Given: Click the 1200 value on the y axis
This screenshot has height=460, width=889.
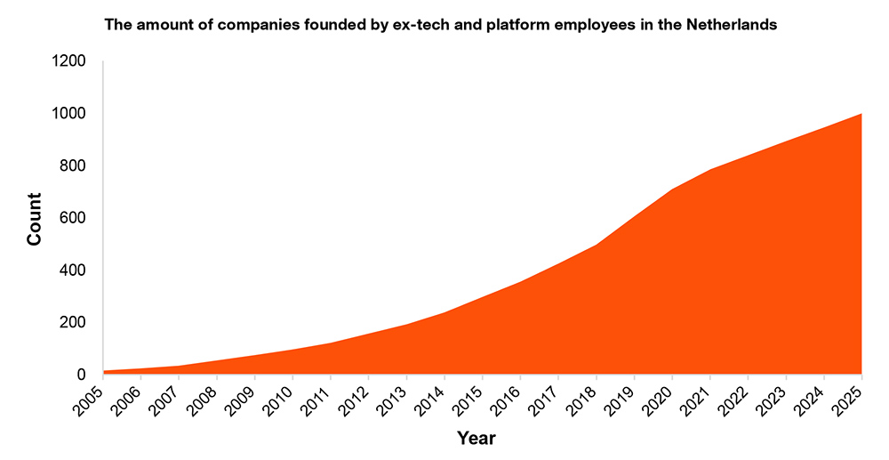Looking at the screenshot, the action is click(x=68, y=61).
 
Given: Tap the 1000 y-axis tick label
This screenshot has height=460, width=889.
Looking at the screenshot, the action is click(x=68, y=113).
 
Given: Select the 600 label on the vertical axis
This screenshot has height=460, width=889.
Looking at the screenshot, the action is click(x=73, y=218).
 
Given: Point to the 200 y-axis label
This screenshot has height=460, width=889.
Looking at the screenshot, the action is click(x=73, y=322).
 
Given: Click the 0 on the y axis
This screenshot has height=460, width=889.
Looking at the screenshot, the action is click(x=81, y=375).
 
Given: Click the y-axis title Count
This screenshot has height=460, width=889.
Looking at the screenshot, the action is click(x=34, y=219).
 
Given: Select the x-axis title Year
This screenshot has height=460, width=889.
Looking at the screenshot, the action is click(x=477, y=439).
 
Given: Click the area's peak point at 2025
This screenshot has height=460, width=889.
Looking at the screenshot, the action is click(x=861, y=113).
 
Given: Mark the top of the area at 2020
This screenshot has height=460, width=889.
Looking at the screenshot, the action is click(x=672, y=190).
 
